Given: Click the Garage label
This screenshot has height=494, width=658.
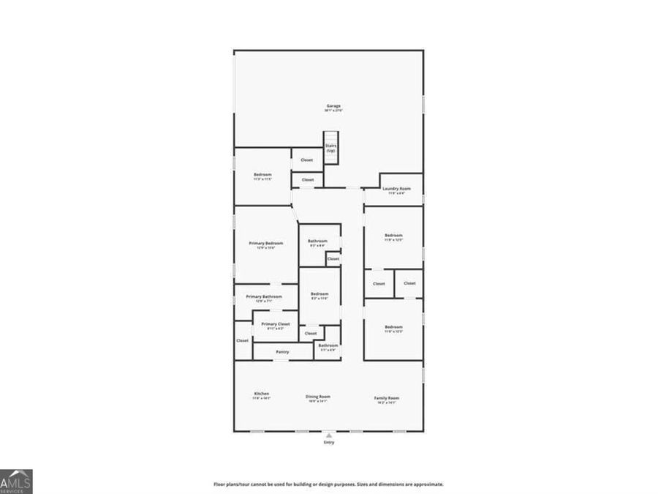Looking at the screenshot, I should (333, 106).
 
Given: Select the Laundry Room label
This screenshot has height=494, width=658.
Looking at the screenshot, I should (396, 189).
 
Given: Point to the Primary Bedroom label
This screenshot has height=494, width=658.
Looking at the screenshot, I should (265, 244).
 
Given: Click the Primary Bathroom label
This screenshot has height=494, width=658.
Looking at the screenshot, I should (263, 297).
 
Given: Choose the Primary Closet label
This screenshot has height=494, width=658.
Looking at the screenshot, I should (276, 324).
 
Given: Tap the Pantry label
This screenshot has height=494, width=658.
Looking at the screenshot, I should (282, 352).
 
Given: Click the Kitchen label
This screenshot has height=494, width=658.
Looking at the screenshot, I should (262, 394).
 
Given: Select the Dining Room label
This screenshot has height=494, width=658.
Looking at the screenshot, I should (318, 397).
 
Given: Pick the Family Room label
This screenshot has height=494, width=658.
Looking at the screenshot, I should (387, 399).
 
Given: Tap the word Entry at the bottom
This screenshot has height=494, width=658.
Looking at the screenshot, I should (328, 443).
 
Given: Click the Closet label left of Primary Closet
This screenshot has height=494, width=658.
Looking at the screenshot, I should (242, 340).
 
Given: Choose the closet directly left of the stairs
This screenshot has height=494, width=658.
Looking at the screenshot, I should (307, 160).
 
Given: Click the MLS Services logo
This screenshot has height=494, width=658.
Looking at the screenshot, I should (16, 482).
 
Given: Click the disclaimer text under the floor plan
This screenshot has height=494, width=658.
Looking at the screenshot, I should (328, 484).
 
